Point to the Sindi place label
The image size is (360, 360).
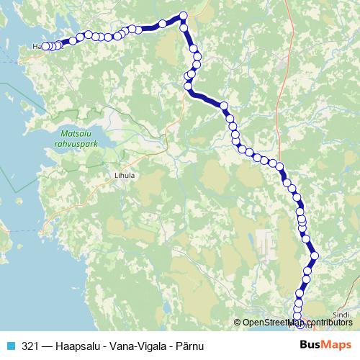[342, 315]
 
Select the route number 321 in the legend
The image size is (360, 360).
[30, 345]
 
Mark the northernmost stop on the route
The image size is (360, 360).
[184, 16]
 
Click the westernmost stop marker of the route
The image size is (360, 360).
[45, 47]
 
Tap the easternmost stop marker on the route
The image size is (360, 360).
[313, 256]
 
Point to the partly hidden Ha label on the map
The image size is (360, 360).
[36, 47]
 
